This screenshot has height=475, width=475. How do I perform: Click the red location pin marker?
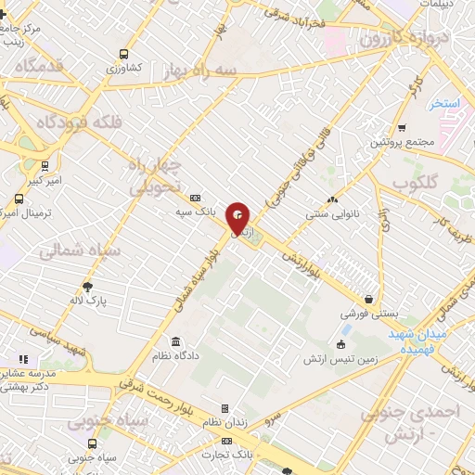click(239, 219)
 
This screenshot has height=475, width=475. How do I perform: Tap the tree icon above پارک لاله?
click(87, 287)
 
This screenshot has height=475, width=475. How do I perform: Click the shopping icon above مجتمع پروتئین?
click(401, 128)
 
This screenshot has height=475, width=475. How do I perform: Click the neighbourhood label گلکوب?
click(415, 181)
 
